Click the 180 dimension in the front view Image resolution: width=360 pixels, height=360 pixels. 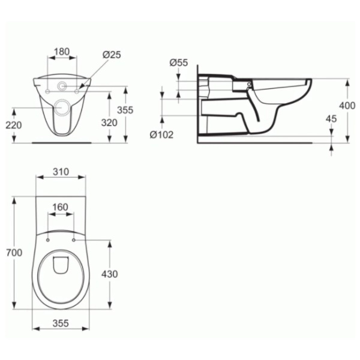62,52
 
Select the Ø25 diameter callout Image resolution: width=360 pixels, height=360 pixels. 112,55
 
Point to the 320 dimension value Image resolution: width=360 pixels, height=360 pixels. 109,122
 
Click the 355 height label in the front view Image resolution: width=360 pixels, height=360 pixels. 125,110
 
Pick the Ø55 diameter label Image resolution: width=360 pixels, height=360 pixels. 179,62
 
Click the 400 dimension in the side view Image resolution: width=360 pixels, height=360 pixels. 347,105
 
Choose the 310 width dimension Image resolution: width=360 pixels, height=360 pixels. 61,172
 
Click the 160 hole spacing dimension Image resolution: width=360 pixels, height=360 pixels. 61,208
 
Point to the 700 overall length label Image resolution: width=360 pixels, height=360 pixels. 13,253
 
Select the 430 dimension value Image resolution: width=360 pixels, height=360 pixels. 109,274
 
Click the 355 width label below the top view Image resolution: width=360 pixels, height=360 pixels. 61,323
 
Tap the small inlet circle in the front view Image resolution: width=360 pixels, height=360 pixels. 62,86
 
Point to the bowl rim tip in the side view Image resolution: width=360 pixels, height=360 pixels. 310,80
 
